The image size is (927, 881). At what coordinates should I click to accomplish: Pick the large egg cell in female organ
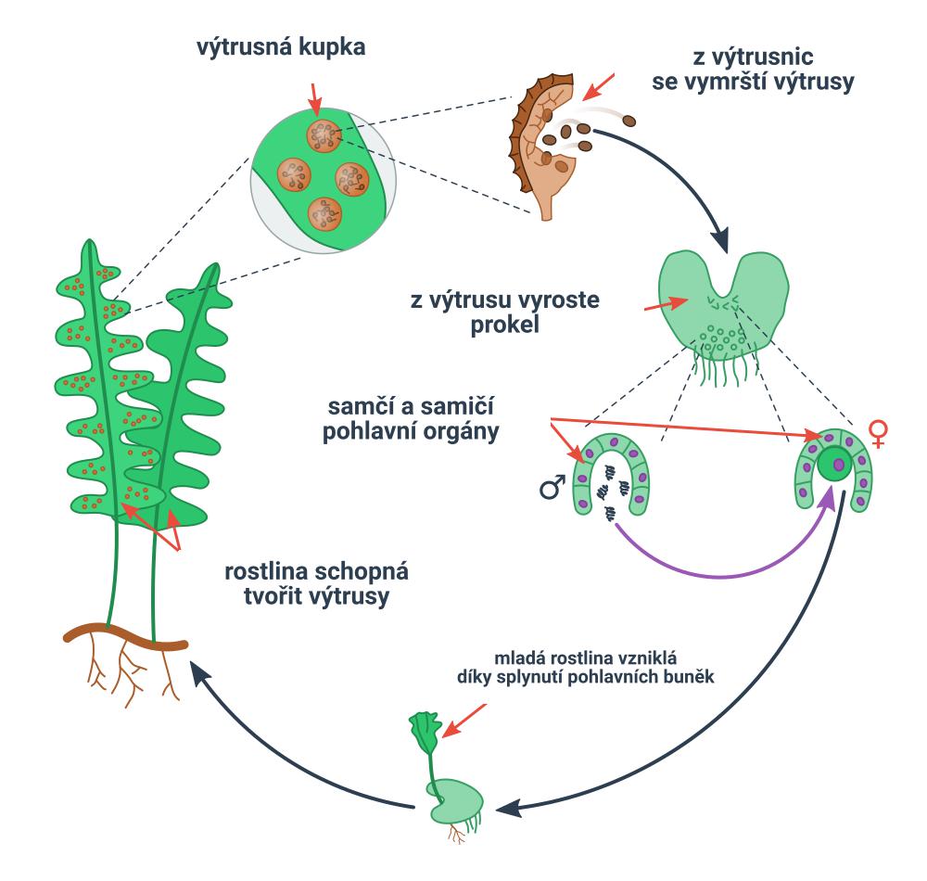pos(839,463)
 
